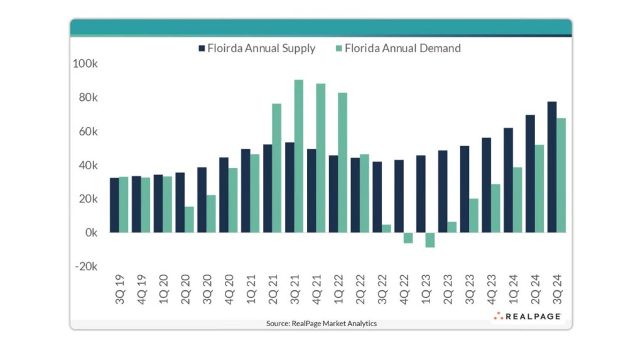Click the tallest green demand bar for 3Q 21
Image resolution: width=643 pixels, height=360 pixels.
click(299, 156)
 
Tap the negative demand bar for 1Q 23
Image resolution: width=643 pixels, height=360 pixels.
click(430, 240)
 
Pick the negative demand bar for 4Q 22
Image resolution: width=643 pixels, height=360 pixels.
click(408, 238)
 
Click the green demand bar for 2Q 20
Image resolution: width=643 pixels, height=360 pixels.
click(189, 220)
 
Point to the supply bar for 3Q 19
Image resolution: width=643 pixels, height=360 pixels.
click(114, 205)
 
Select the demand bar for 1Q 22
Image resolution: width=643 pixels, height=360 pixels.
click(342, 162)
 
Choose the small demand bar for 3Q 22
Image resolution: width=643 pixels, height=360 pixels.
click(386, 228)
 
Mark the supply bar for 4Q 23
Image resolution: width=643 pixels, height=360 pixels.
click(486, 185)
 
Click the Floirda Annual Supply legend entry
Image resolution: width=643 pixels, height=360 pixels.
click(257, 48)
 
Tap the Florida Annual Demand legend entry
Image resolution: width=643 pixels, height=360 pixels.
click(401, 48)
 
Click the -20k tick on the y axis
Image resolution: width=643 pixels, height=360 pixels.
click(86, 266)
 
